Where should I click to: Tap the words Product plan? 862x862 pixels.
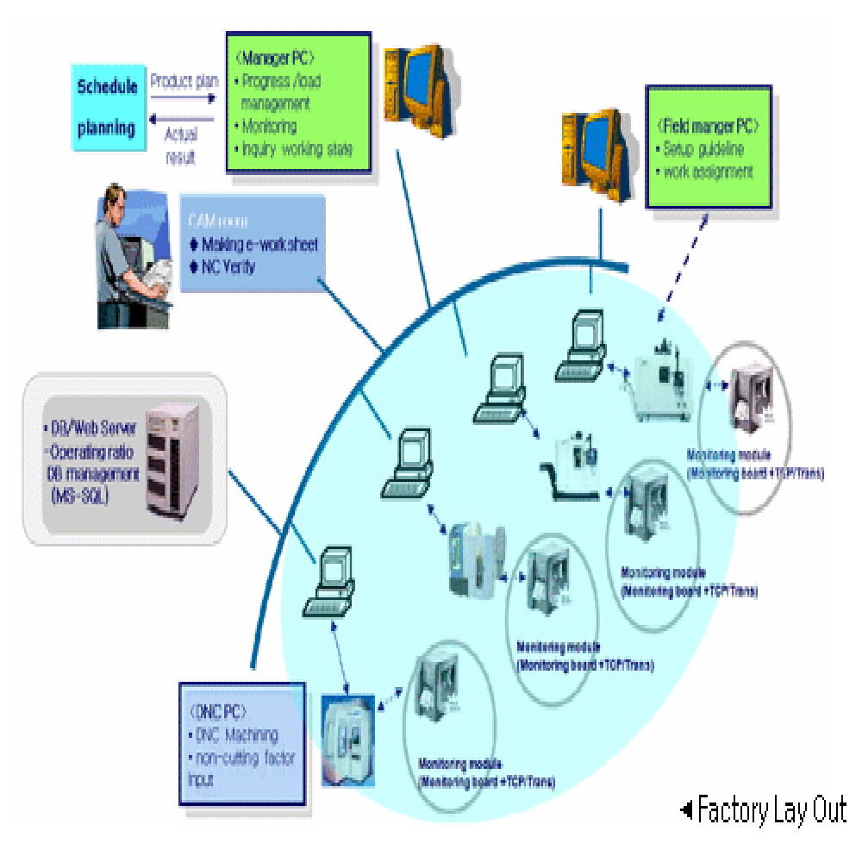click(x=184, y=82)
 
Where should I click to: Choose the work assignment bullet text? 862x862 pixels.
click(x=709, y=172)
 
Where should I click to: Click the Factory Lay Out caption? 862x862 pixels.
click(x=771, y=810)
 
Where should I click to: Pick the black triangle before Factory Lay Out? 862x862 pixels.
click(x=687, y=809)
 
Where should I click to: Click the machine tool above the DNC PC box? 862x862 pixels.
click(x=349, y=737)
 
